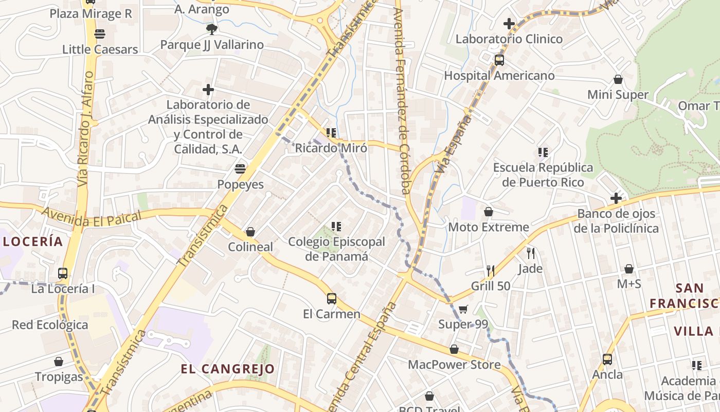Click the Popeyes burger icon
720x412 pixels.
click(x=240, y=168)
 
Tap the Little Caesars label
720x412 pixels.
click(x=100, y=49)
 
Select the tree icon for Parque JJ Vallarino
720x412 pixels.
click(x=211, y=29)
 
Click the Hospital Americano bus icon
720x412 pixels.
click(x=499, y=60)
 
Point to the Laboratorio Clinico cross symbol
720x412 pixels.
click(x=509, y=23)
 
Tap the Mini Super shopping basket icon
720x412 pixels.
click(x=618, y=79)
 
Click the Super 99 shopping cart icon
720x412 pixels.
click(x=463, y=309)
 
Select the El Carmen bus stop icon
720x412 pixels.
click(x=332, y=298)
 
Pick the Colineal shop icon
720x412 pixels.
click(x=250, y=232)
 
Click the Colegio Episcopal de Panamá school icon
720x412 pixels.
click(x=336, y=226)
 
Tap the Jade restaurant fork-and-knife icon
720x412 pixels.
click(x=530, y=253)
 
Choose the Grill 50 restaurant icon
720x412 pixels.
click(x=490, y=270)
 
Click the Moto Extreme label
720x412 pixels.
click(x=488, y=227)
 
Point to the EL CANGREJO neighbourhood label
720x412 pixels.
click(x=227, y=369)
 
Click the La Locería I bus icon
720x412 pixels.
click(x=63, y=273)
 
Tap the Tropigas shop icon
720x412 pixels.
click(x=59, y=362)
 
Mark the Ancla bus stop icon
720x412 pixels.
click(x=607, y=359)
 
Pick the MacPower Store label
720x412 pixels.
click(x=454, y=365)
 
